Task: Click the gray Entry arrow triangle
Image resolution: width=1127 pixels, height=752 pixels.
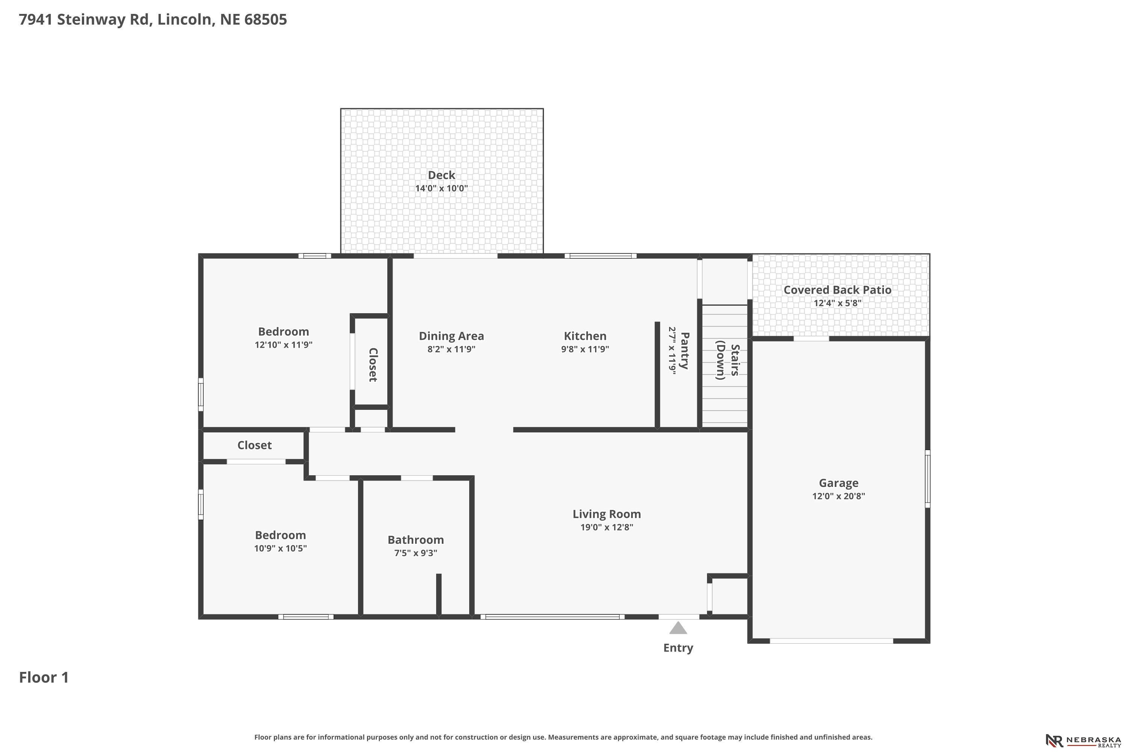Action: pyautogui.click(x=678, y=628)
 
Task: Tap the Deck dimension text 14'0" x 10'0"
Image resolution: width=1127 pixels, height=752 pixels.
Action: pyautogui.click(x=441, y=188)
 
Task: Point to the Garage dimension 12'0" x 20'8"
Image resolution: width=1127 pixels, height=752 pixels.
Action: pyautogui.click(x=838, y=496)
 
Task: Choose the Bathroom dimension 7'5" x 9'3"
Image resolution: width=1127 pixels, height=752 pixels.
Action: pyautogui.click(x=415, y=553)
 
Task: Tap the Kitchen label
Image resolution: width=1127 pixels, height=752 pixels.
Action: pyautogui.click(x=585, y=336)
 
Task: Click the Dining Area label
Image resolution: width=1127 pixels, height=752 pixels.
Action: pyautogui.click(x=452, y=336)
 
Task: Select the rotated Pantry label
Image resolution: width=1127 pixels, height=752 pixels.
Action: pyautogui.click(x=684, y=350)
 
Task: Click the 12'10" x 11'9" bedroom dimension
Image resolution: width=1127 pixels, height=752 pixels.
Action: pyautogui.click(x=284, y=345)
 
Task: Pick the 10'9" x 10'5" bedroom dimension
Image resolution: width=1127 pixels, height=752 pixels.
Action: pyautogui.click(x=280, y=549)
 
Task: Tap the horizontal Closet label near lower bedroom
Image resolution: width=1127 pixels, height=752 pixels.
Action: pyautogui.click(x=254, y=446)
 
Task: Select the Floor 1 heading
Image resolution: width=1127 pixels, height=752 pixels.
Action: pyautogui.click(x=44, y=678)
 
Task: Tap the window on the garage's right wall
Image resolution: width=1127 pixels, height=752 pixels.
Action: pyautogui.click(x=928, y=479)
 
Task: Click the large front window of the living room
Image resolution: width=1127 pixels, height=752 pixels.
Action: pyautogui.click(x=553, y=617)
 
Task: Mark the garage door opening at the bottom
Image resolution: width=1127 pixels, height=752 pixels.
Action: pyautogui.click(x=831, y=641)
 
